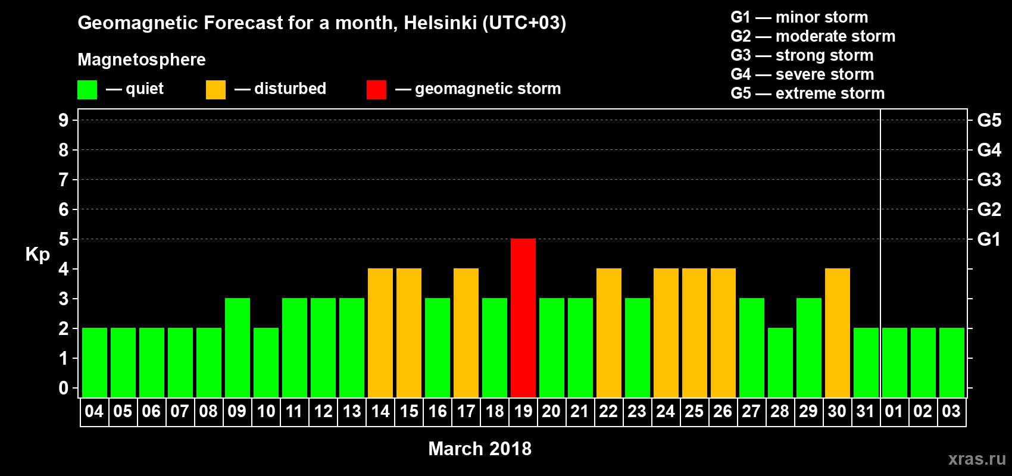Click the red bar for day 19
[x=523, y=318]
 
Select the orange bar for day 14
[x=380, y=333]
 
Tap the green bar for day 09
[x=238, y=347]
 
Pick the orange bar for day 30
[x=838, y=333]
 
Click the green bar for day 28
[x=780, y=362]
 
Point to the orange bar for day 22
[x=609, y=333]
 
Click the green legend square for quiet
[x=88, y=90]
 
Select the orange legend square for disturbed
[x=215, y=90]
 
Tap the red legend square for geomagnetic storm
[x=376, y=90]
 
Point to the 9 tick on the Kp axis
[x=64, y=120]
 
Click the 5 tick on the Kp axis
[x=64, y=239]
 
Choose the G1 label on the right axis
[x=989, y=239]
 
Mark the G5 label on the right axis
[x=989, y=120]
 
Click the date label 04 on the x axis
[x=94, y=411]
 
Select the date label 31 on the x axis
[x=866, y=411]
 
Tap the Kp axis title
[x=38, y=254]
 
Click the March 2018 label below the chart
[x=480, y=449]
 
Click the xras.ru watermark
[x=977, y=459]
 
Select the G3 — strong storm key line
[x=802, y=55]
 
